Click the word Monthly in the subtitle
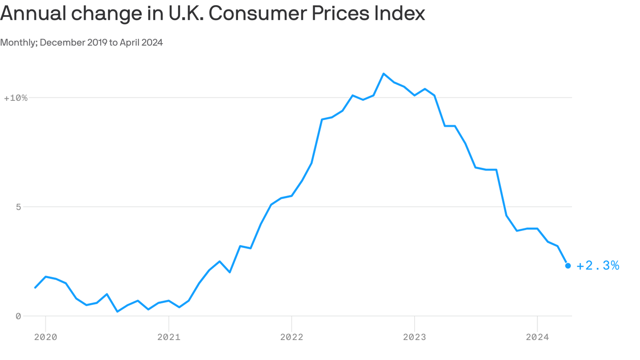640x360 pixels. tap(18, 42)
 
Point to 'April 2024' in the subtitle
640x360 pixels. tap(141, 42)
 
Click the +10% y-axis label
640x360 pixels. tap(15, 98)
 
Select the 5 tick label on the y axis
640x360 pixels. tap(18, 207)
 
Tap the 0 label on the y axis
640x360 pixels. tap(18, 316)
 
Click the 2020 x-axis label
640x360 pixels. tap(45, 337)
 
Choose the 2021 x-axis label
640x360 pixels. tap(169, 337)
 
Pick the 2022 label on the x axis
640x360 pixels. tap(291, 337)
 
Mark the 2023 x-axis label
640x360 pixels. tap(414, 337)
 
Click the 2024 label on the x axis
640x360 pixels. tap(537, 337)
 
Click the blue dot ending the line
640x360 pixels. tap(568, 266)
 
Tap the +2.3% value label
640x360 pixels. tap(598, 266)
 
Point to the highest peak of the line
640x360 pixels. tap(384, 74)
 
